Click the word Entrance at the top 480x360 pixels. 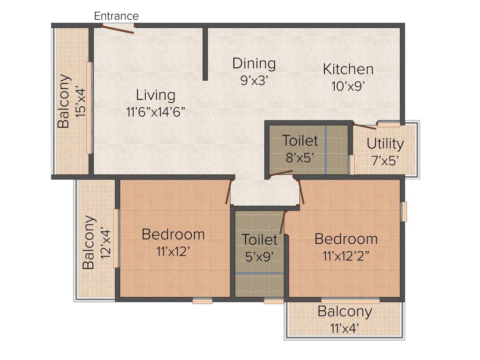[x=116, y=16]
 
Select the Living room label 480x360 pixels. [x=156, y=95]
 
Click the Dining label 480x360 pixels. [x=254, y=63]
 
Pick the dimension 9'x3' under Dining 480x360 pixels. [x=254, y=80]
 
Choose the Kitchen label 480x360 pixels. [x=348, y=69]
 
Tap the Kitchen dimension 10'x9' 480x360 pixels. [x=347, y=86]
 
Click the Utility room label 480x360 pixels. [x=385, y=143]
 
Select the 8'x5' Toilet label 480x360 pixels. [x=300, y=141]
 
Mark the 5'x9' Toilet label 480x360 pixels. [x=260, y=240]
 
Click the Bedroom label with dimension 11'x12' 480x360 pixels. [x=173, y=234]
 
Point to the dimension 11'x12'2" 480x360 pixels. [x=346, y=256]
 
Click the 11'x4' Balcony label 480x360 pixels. [x=345, y=311]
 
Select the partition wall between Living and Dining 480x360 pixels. [x=205, y=53]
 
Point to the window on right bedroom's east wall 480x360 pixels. [x=404, y=211]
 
